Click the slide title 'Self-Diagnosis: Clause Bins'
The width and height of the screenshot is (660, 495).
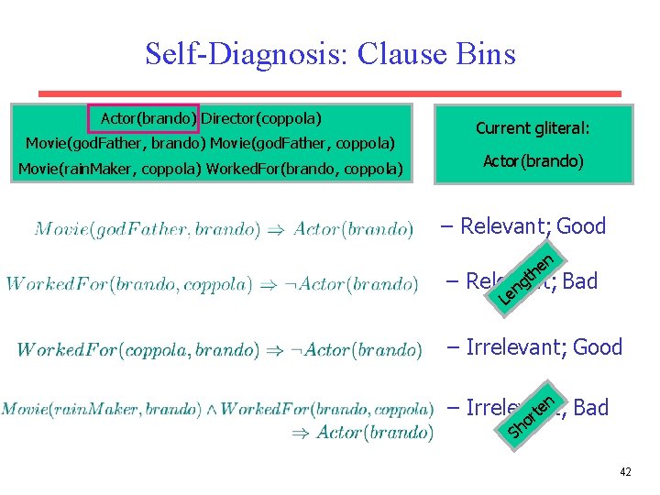tap(330, 54)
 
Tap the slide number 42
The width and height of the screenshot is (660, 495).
tap(625, 472)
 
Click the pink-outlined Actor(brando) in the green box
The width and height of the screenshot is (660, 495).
tap(144, 119)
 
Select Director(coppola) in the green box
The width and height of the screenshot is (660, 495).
tap(262, 119)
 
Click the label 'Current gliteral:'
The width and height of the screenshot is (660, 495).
tap(533, 129)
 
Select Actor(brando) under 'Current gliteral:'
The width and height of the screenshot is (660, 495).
tap(533, 161)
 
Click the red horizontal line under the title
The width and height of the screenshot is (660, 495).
tap(330, 93)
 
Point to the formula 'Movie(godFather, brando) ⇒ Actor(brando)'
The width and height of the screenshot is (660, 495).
tap(224, 228)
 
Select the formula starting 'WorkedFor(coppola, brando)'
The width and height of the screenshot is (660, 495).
tap(219, 349)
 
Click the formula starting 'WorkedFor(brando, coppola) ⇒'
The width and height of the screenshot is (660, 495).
tap(212, 283)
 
